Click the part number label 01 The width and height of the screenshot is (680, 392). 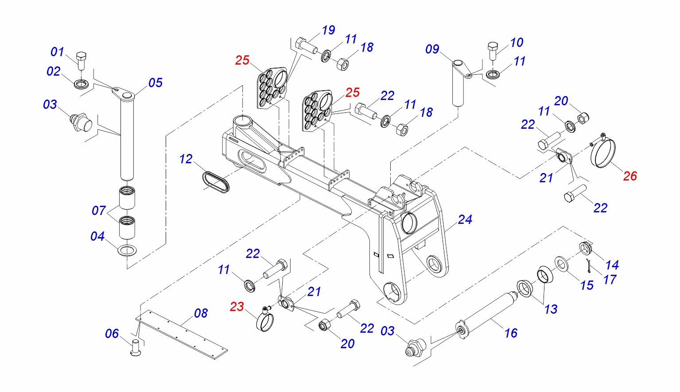57,52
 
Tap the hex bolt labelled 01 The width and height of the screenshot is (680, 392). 81,60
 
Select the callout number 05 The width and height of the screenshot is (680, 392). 155,83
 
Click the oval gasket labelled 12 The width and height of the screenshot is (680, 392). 216,182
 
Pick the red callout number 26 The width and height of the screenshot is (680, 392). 630,176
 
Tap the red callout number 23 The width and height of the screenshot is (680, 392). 237,307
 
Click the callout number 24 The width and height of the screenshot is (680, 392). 465,219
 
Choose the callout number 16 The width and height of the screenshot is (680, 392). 511,333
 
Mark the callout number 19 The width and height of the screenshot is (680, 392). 328,30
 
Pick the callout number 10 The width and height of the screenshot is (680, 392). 517,42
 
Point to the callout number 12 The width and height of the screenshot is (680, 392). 186,159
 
